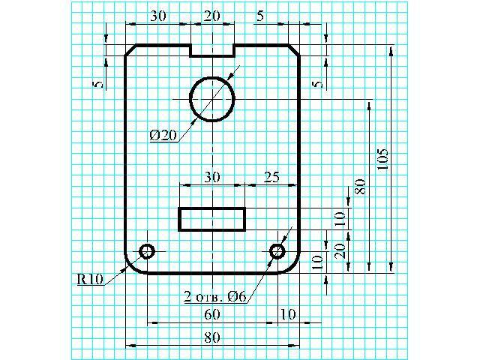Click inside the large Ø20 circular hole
tap(212, 99)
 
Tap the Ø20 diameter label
tap(163, 135)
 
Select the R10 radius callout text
tap(90, 279)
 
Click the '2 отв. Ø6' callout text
tap(215, 296)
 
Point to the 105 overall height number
tap(382, 159)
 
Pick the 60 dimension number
tap(212, 314)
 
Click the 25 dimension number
tap(271, 177)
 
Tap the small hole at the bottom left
tap(147, 251)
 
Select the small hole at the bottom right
tap(277, 251)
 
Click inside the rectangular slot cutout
tap(212, 219)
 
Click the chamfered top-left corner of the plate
tap(130, 50)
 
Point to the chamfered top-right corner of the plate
tap(294, 50)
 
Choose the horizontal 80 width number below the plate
tap(212, 337)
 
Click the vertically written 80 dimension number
tap(360, 187)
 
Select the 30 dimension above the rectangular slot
tap(212, 177)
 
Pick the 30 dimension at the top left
tap(158, 16)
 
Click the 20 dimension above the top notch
tap(212, 16)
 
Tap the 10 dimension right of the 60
tap(288, 314)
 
